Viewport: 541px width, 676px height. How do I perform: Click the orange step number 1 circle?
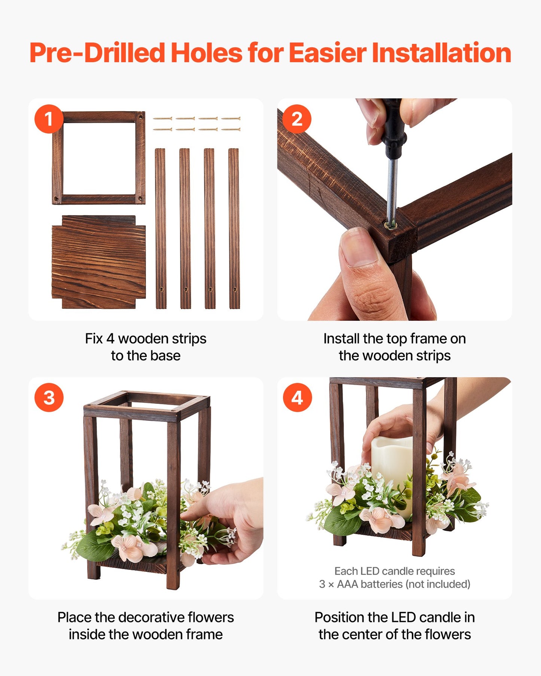pos(49,119)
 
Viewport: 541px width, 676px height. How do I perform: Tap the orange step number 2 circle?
pos(297,119)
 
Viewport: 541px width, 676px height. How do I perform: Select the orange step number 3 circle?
pos(49,398)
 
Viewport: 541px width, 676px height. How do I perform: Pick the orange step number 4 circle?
pos(297,398)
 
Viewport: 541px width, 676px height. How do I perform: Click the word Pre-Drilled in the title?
pos(97,53)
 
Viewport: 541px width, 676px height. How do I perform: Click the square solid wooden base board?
pos(98,262)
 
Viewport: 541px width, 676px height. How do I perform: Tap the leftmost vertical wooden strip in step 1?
pos(161,228)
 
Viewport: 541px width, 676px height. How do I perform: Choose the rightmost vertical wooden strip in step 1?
pos(234,228)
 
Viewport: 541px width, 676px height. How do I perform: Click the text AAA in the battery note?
pos(347,584)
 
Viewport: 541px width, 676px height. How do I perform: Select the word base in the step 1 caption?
pos(165,356)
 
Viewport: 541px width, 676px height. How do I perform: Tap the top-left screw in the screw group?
pos(162,118)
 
